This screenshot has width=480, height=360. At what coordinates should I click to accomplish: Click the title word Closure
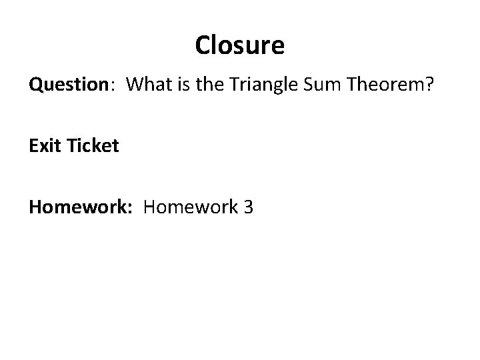pyautogui.click(x=240, y=45)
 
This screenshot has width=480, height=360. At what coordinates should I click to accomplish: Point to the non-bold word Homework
pyautogui.click(x=191, y=207)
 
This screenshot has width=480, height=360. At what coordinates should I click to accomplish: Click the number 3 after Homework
pyautogui.click(x=248, y=207)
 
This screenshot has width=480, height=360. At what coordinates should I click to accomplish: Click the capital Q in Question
pyautogui.click(x=35, y=85)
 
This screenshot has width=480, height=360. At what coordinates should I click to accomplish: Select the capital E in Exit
pyautogui.click(x=33, y=145)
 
